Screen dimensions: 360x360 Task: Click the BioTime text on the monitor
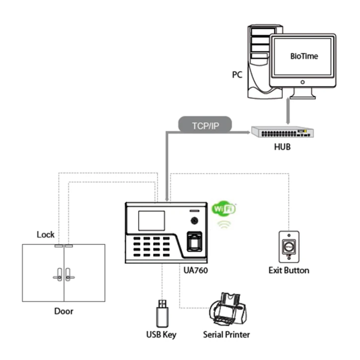point(303,56)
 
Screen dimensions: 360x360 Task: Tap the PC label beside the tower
point(237,75)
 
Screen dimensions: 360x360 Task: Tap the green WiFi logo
point(223,208)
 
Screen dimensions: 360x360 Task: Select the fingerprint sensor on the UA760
point(193,242)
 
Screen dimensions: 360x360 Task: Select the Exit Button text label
point(288,271)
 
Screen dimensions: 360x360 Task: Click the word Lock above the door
point(45,234)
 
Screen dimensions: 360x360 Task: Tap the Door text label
point(64,311)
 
